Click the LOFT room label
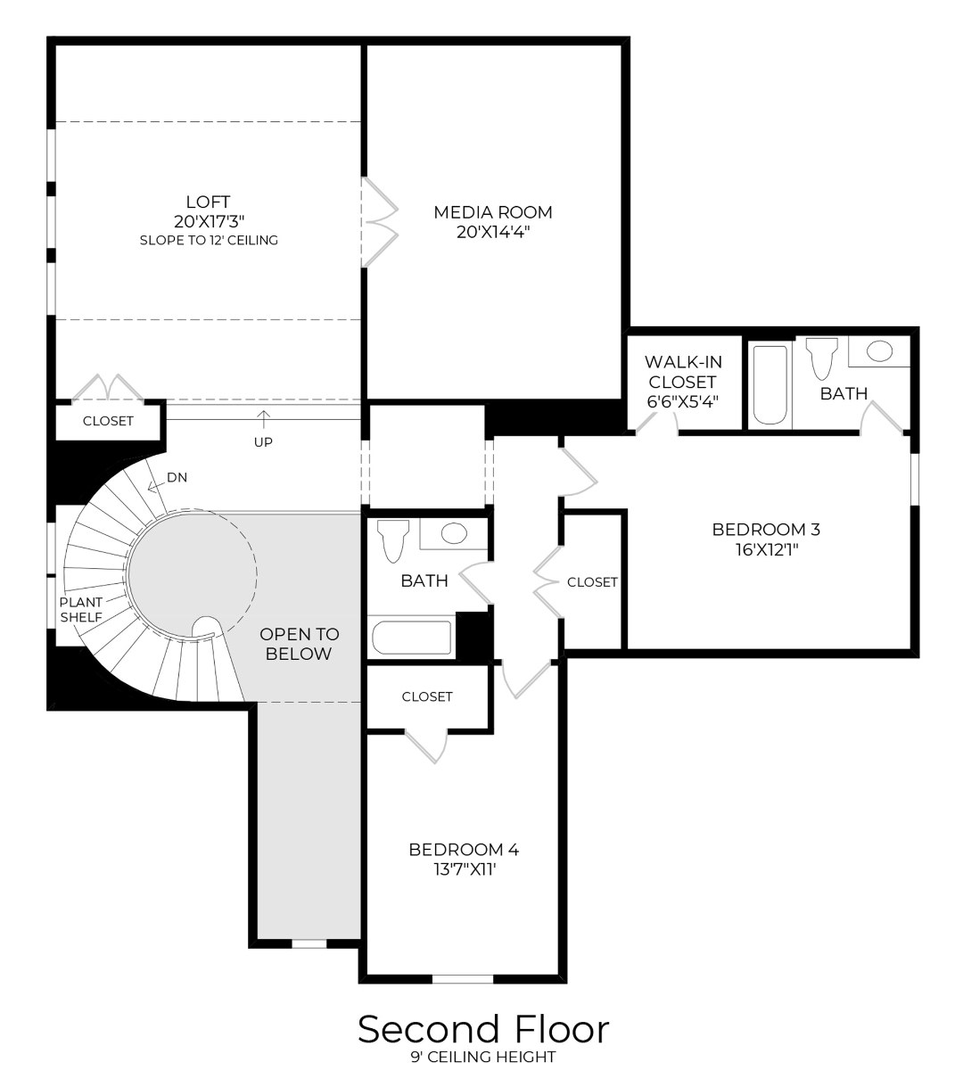point(208,202)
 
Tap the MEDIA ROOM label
point(492,212)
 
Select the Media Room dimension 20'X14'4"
point(492,232)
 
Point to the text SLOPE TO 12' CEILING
point(209,241)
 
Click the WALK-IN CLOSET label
point(683,372)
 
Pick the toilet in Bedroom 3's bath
point(820,358)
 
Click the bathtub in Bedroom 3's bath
point(770,384)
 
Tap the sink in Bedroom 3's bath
point(879,350)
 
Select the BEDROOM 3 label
point(766,530)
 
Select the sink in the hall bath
point(454,534)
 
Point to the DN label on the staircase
point(177,478)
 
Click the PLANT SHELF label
point(81,610)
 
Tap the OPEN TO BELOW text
point(299,644)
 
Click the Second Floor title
point(483,1029)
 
